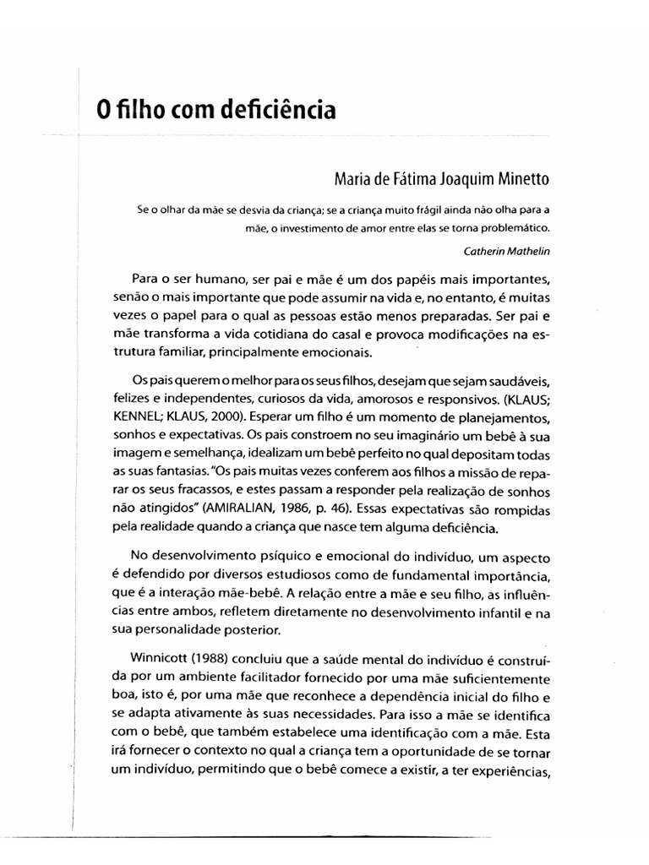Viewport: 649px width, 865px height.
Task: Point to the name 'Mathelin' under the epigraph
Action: (x=526, y=250)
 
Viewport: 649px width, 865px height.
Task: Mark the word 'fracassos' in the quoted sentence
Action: (x=198, y=492)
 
